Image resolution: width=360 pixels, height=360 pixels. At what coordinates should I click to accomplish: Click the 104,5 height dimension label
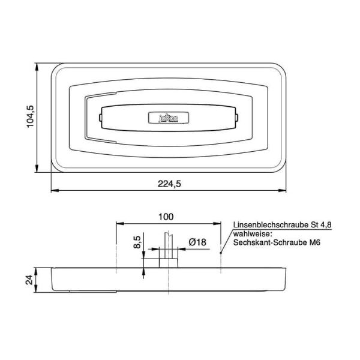pyautogui.click(x=31, y=117)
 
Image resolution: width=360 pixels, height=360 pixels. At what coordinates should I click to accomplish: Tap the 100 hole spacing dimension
pyautogui.click(x=166, y=216)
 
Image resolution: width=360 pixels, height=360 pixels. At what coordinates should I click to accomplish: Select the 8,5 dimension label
pyautogui.click(x=137, y=243)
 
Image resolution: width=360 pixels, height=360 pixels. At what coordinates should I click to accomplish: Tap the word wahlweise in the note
pyautogui.click(x=253, y=233)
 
